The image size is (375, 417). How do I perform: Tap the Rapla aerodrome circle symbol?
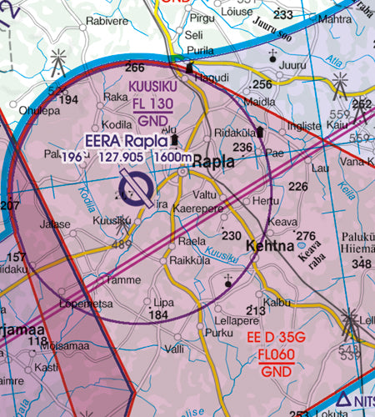pos(136,188)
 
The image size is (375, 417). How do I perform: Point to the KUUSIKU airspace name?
pos(152,87)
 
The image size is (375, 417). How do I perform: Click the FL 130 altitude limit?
pos(152,103)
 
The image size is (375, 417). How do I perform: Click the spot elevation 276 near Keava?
pos(307,236)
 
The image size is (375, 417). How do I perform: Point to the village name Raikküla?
pos(184,260)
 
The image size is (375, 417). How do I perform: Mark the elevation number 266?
pos(134,68)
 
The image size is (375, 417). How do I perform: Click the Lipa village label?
pos(163,301)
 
